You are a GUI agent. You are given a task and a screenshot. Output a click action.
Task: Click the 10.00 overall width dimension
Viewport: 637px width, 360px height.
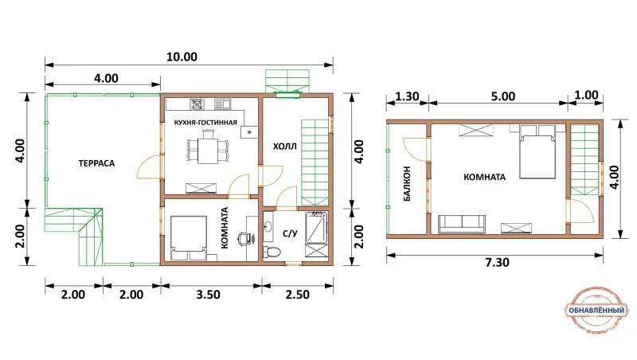tap(182, 57)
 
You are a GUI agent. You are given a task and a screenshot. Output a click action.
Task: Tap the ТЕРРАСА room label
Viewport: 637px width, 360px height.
tap(96, 163)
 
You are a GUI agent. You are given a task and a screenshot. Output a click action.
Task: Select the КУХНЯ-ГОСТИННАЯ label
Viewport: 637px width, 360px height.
tap(205, 123)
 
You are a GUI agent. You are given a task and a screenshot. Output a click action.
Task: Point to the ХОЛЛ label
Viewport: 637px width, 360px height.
tap(285, 147)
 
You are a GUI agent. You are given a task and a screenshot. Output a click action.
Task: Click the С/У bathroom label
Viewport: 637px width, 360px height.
tap(290, 233)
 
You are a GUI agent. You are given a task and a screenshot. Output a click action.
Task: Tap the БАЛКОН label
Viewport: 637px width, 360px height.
tap(407, 184)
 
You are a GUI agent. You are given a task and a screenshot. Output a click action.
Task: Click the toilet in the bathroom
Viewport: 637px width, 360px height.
tap(271, 252)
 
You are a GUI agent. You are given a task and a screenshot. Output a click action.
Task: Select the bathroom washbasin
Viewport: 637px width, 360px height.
tap(268, 226)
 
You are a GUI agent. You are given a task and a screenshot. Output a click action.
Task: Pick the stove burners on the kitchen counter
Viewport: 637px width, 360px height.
tap(197, 104)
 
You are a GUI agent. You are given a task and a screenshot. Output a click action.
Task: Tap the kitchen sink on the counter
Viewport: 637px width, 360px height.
tap(222, 104)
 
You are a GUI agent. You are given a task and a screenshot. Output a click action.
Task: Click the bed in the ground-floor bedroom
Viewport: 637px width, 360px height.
tap(189, 238)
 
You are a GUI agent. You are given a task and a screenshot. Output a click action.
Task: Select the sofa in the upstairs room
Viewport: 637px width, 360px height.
tap(462, 225)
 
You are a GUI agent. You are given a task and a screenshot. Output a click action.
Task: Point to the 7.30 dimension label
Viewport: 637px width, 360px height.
tap(497, 263)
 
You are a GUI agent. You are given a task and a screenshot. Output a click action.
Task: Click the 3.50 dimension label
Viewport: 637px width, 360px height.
tap(208, 294)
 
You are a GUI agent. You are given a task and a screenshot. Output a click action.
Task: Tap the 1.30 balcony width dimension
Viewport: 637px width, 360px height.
tap(407, 96)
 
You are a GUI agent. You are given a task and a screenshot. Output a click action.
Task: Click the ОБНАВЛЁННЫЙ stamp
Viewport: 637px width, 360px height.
tap(596, 311)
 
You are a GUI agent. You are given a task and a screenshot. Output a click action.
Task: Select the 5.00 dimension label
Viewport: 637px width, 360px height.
tap(503, 96)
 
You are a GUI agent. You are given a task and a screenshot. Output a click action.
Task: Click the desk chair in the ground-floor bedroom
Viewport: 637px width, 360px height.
tap(244, 238)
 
